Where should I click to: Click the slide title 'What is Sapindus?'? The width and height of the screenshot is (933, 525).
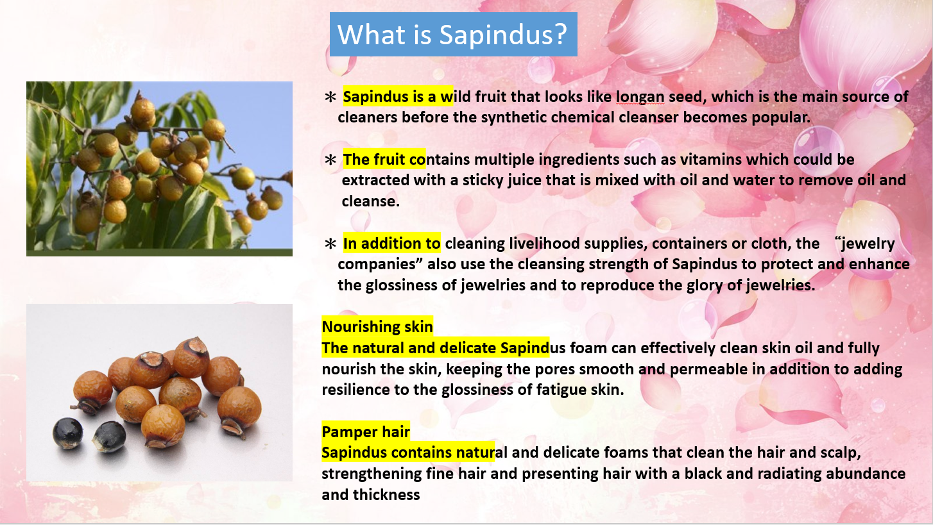point(452,34)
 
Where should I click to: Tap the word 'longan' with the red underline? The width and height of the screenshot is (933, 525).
point(640,97)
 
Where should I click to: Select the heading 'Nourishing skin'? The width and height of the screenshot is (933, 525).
point(377,327)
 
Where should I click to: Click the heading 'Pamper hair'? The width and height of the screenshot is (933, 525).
point(366,432)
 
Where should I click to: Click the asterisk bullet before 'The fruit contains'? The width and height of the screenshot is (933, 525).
point(330,160)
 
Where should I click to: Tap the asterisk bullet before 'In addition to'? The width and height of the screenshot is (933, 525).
point(330,244)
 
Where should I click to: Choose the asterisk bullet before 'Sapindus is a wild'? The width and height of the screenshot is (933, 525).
point(330,97)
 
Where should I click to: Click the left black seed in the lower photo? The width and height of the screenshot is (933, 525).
point(68,434)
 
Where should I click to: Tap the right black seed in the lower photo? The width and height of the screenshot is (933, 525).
point(109,437)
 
